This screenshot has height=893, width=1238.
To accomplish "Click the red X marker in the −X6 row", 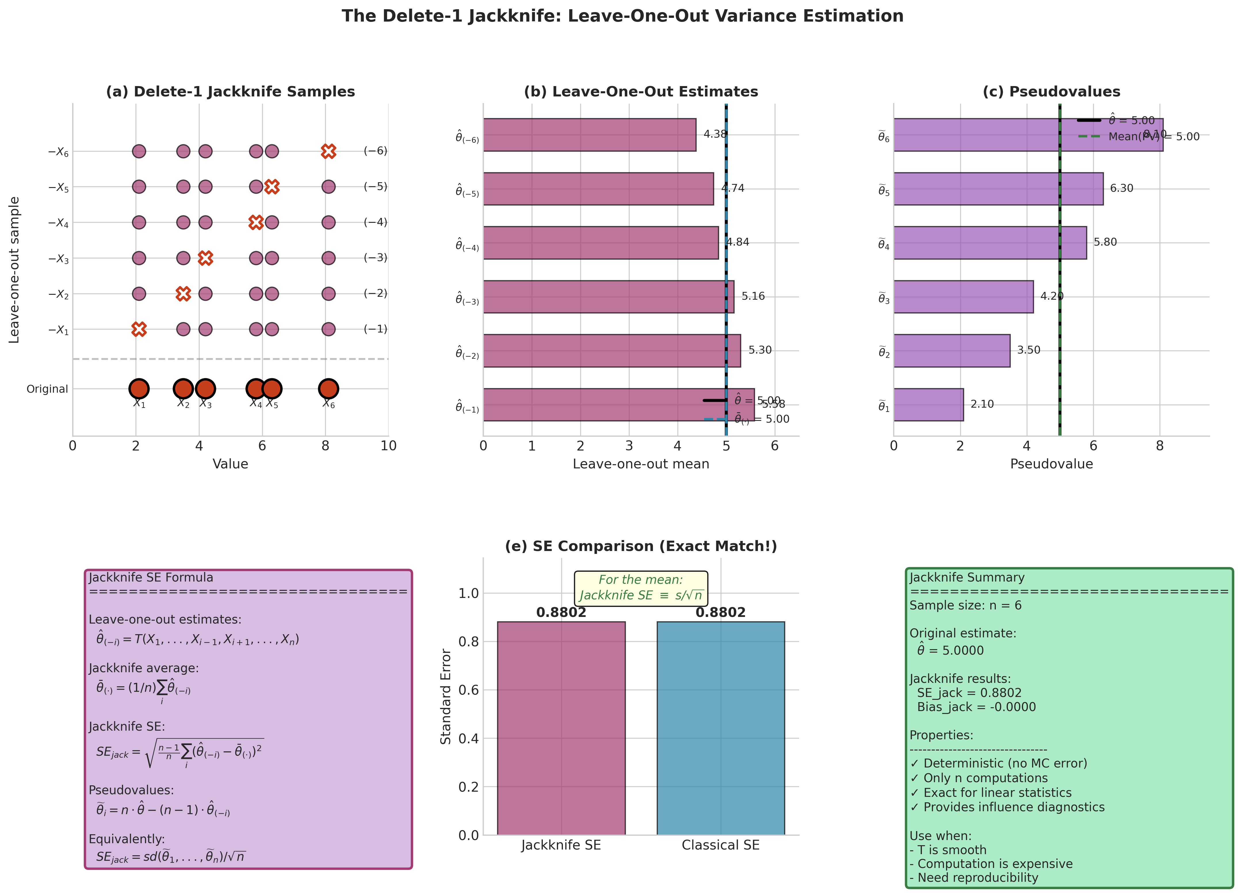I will coord(328,151).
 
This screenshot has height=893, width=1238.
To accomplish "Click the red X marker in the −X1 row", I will coord(139,329).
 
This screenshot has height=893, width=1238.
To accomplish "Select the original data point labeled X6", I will coord(328,389).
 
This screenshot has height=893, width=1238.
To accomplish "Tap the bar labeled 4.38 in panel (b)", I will coord(590,135).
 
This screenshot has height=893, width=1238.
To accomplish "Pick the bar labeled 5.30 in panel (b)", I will coord(611,351).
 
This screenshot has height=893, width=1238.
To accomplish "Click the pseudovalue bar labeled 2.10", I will coord(928,405).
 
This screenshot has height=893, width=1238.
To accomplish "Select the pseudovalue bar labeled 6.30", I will coord(998,189).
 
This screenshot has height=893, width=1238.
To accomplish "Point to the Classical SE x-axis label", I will coord(721,846).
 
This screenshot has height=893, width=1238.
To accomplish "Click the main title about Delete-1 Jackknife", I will coord(622,16).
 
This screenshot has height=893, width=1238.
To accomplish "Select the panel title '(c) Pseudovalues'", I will coord(1051,92).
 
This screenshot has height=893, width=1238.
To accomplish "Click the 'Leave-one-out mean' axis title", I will coord(641,464).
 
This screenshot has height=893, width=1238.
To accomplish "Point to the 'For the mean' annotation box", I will coord(641,588).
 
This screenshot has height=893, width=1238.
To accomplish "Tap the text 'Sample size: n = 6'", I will coord(965,606).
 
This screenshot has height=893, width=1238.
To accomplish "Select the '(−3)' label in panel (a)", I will coord(376,258).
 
